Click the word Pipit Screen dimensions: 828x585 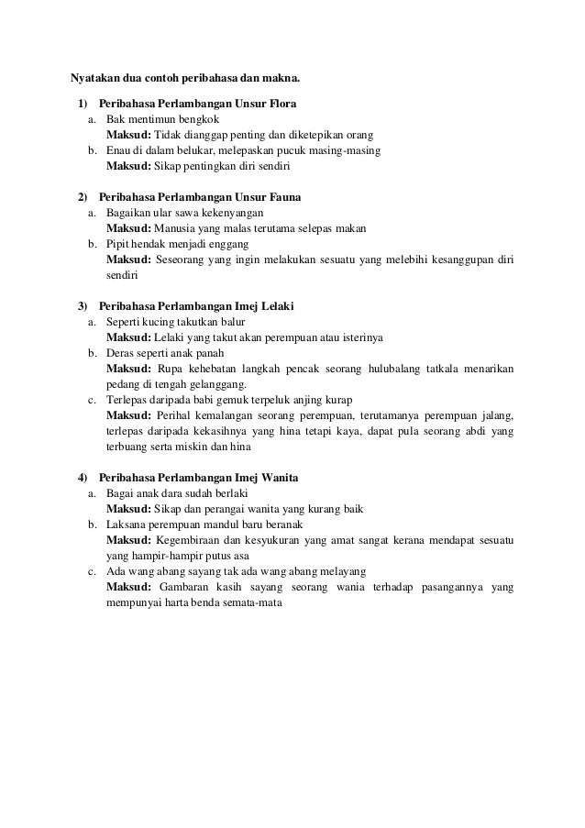click(x=117, y=244)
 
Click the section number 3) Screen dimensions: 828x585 click(x=83, y=305)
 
